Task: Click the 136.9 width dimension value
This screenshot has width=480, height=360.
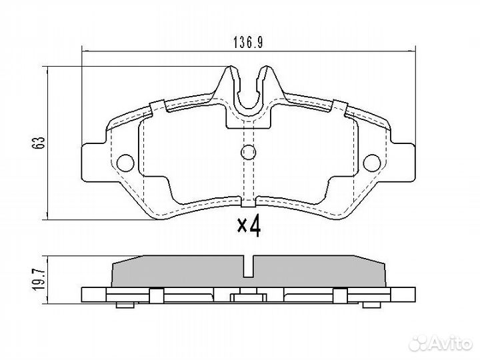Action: click(248, 42)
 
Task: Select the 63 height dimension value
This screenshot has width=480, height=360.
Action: click(40, 141)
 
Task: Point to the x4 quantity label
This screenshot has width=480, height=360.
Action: click(248, 227)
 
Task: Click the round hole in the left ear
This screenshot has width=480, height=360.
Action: click(123, 161)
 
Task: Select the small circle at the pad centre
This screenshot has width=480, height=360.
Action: click(248, 152)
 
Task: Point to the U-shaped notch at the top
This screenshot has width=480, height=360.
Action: click(248, 90)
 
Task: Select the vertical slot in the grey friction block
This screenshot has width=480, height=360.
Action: click(248, 267)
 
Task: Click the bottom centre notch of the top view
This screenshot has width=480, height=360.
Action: click(248, 199)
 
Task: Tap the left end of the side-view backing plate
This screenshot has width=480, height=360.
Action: click(84, 294)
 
